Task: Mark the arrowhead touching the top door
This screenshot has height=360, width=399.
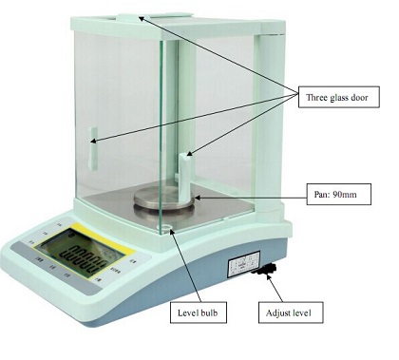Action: point(142,15)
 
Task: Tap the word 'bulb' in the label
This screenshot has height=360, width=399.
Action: point(214,313)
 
